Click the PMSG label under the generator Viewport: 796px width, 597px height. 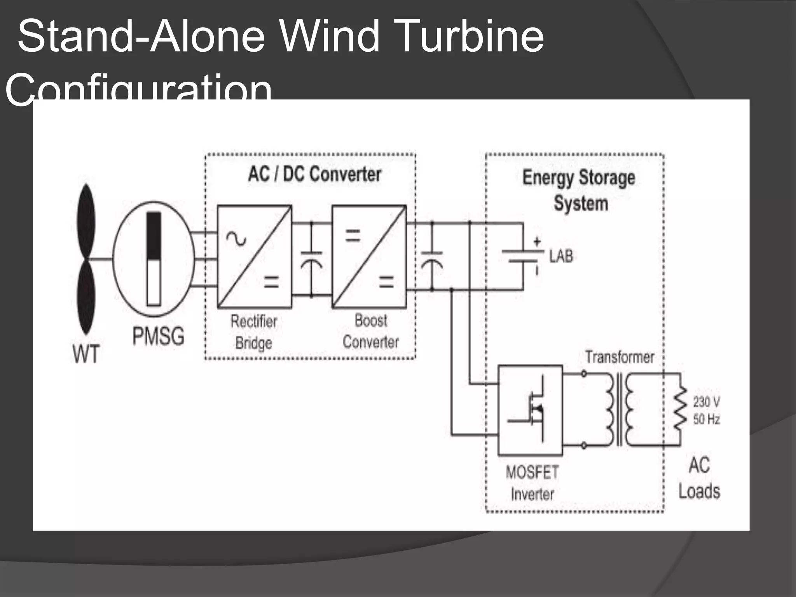pyautogui.click(x=158, y=336)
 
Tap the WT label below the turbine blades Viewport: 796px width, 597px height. pyautogui.click(x=86, y=354)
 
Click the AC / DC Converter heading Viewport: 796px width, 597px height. pyautogui.click(x=314, y=174)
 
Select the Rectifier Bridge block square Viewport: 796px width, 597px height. pyautogui.click(x=254, y=257)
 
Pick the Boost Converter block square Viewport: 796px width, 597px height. pyautogui.click(x=369, y=257)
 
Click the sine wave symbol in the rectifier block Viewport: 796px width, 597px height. pyautogui.click(x=236, y=238)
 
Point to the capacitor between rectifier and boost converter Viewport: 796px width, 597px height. pyautogui.click(x=311, y=259)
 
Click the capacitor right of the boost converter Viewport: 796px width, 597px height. pyautogui.click(x=432, y=259)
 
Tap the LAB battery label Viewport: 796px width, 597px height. pyautogui.click(x=561, y=257)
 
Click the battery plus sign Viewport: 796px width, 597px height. pyautogui.click(x=537, y=241)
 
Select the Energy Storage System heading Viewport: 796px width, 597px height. pyautogui.click(x=579, y=190)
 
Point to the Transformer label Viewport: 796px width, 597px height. pyautogui.click(x=620, y=357)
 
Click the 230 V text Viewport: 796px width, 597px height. pyautogui.click(x=706, y=401)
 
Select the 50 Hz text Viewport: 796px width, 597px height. pyautogui.click(x=706, y=419)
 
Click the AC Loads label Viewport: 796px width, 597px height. pyautogui.click(x=699, y=478)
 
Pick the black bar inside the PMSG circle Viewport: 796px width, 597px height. pyautogui.click(x=154, y=235)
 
